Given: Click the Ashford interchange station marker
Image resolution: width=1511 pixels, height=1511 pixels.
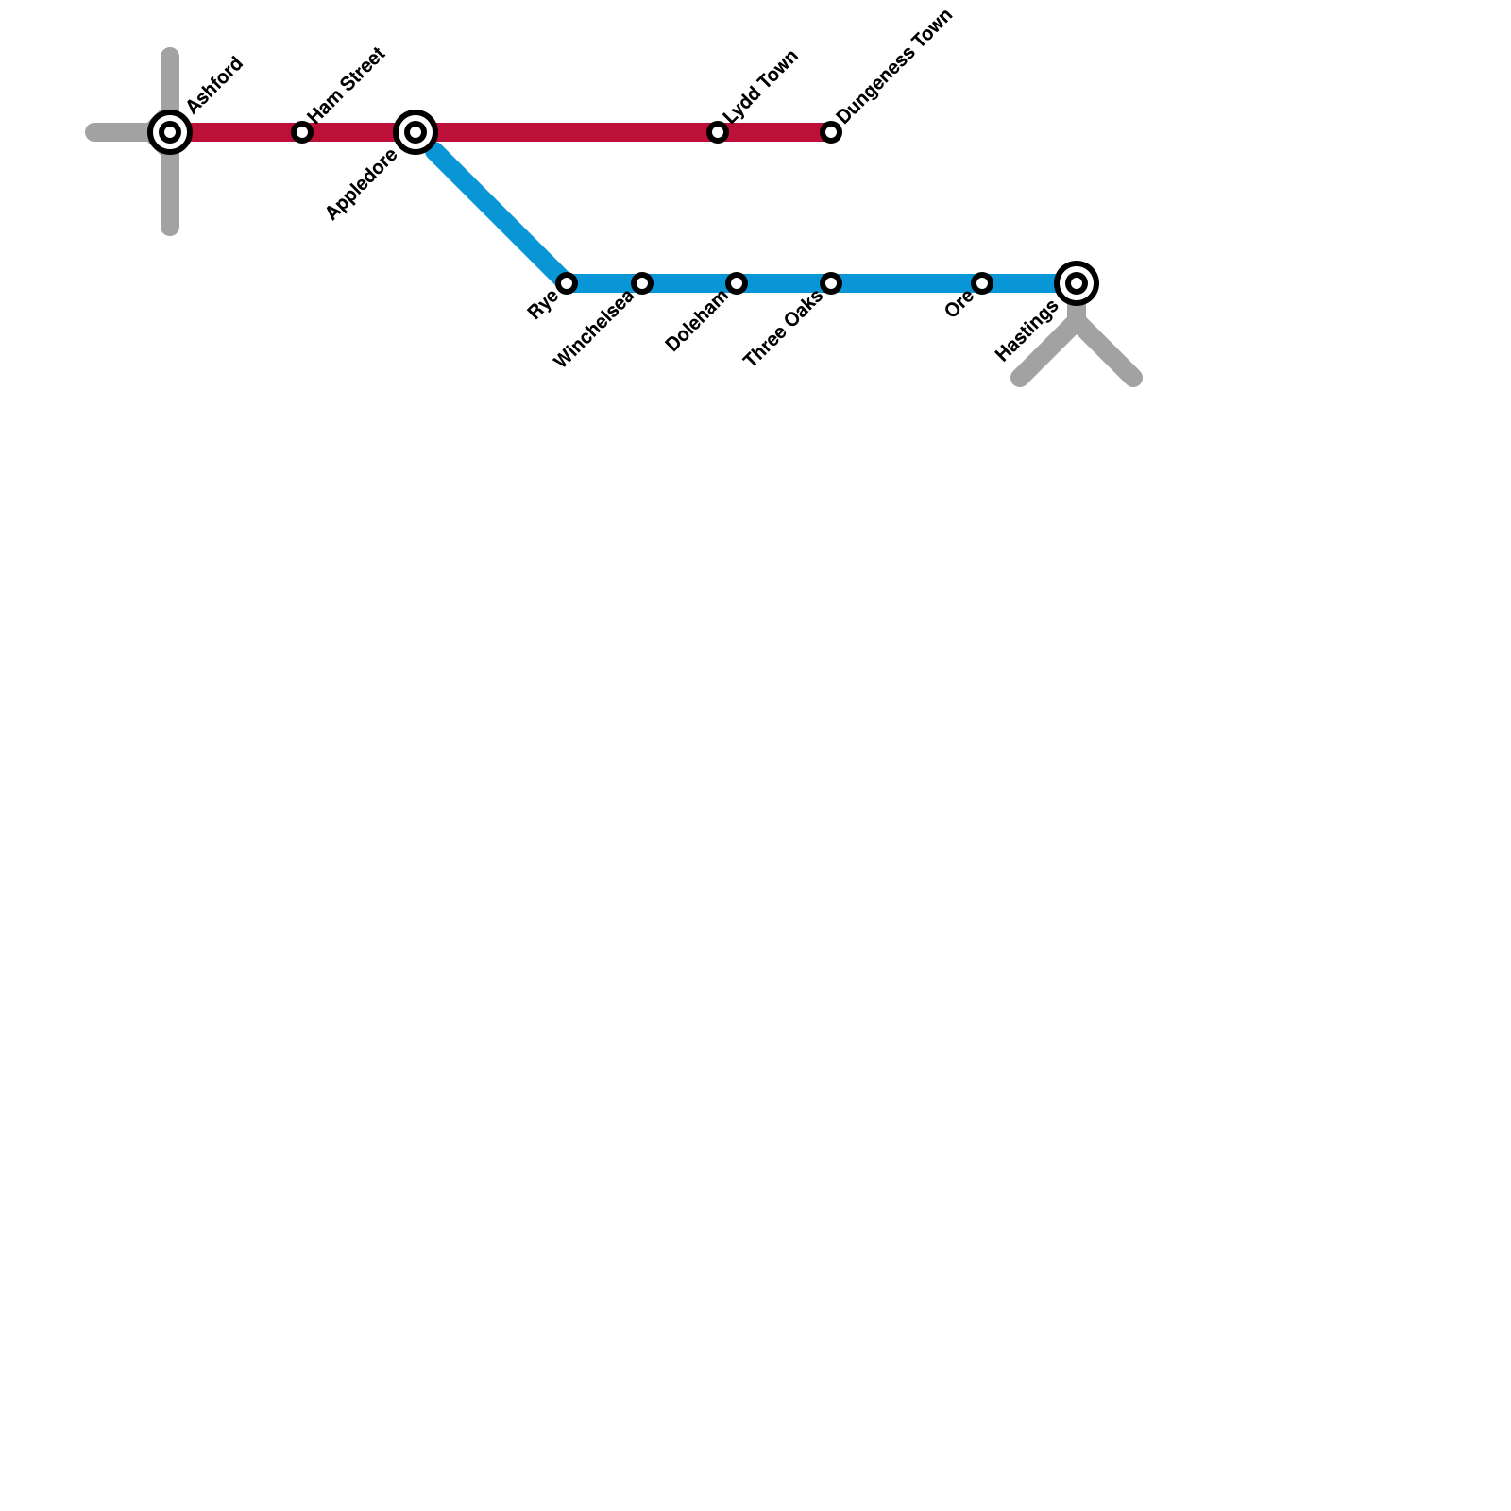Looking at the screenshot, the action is (x=170, y=132).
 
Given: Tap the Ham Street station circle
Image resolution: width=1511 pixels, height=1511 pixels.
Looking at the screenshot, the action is (x=302, y=132).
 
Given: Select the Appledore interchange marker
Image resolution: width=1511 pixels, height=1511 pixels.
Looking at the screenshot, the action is (x=416, y=132).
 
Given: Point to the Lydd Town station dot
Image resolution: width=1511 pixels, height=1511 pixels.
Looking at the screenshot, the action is (x=718, y=132).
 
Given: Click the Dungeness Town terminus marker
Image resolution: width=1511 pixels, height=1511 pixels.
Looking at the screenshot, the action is (x=831, y=132).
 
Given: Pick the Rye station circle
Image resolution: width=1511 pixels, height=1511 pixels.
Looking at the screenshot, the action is (x=567, y=283).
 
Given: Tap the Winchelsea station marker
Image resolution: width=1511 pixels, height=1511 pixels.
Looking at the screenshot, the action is (x=642, y=283).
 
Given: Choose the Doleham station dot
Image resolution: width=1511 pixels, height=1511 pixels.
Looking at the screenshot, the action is (x=737, y=283).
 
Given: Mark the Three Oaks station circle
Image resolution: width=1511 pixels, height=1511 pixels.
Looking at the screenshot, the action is (x=831, y=283).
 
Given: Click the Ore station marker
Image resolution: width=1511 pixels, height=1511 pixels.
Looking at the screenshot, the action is (x=982, y=283).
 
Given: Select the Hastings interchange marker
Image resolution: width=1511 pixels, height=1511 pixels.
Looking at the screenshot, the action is (x=1077, y=283).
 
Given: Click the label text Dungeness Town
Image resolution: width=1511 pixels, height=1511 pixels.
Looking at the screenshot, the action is (x=894, y=67).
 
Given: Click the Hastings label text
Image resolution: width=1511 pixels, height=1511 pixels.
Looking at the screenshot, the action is (x=1027, y=331).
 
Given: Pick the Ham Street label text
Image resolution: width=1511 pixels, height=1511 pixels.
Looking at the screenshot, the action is (x=347, y=83).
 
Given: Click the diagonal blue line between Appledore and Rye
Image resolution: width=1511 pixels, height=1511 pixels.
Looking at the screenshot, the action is (x=491, y=208).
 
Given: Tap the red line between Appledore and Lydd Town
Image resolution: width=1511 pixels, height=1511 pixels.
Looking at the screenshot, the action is (x=567, y=132).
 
